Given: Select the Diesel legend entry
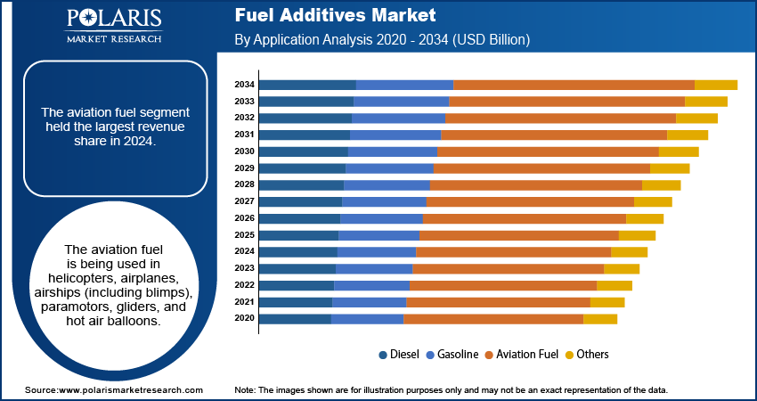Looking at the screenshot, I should pos(401,354).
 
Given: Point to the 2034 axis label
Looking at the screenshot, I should pos(245,85).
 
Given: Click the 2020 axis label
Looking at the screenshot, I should pos(245,318).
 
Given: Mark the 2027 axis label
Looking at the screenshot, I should pos(245,201).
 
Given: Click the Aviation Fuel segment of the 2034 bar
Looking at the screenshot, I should pos(574,85).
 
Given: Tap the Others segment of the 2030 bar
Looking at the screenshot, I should pos(679,151).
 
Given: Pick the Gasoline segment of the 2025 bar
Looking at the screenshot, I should pos(378,235).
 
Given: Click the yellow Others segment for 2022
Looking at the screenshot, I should pos(614,285).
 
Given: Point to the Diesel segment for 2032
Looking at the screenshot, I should pos(305,118).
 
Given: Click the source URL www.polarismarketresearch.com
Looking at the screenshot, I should pos(130,390).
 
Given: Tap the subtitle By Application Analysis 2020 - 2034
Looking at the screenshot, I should pos(382,40).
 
